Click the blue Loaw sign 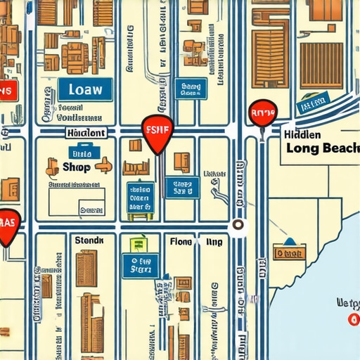click(86, 89)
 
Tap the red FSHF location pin click(157, 132)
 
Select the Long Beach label click(323, 148)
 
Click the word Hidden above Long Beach click(304, 134)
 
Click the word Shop click(77, 167)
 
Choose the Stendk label click(89, 240)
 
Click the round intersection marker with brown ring click(238, 225)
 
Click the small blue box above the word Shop click(82, 152)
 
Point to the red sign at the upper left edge click(7, 90)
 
